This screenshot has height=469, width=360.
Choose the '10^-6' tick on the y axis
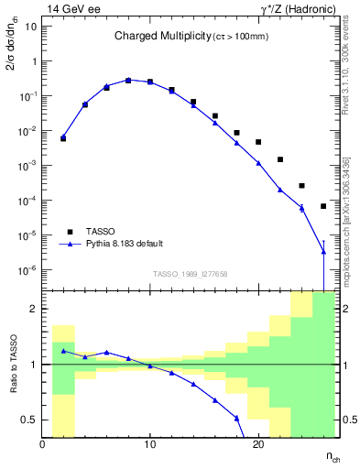click(26, 270)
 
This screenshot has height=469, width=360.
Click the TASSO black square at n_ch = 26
click(323, 206)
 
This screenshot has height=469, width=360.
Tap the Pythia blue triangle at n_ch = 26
click(323, 252)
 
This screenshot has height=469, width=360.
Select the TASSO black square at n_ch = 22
click(280, 159)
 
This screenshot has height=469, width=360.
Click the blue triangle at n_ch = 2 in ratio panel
click(63, 351)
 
